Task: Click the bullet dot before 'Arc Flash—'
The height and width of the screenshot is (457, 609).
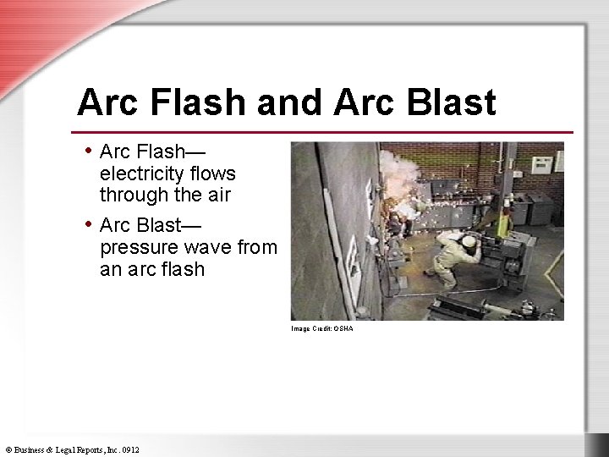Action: click(x=90, y=151)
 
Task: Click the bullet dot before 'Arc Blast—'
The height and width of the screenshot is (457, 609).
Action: click(x=90, y=224)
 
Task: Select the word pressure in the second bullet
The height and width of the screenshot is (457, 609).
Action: click(x=140, y=248)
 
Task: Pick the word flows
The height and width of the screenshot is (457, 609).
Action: click(x=215, y=173)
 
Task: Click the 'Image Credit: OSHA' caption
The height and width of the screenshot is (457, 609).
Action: click(x=322, y=328)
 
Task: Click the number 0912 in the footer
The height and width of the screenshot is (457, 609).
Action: click(x=130, y=449)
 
